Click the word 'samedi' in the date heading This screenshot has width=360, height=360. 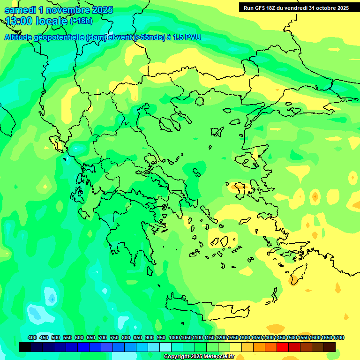click(x=22, y=10)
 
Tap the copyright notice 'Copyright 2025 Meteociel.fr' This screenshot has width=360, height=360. click(x=199, y=357)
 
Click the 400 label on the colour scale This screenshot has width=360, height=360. click(x=32, y=337)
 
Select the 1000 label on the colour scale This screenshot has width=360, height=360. click(x=174, y=337)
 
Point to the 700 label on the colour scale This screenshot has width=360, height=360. click(x=103, y=337)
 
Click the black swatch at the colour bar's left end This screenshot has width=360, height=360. click(x=25, y=347)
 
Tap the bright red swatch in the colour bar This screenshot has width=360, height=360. click(x=283, y=347)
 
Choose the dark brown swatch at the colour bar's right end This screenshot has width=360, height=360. click(x=330, y=347)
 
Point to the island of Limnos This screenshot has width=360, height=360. click(x=217, y=132)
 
